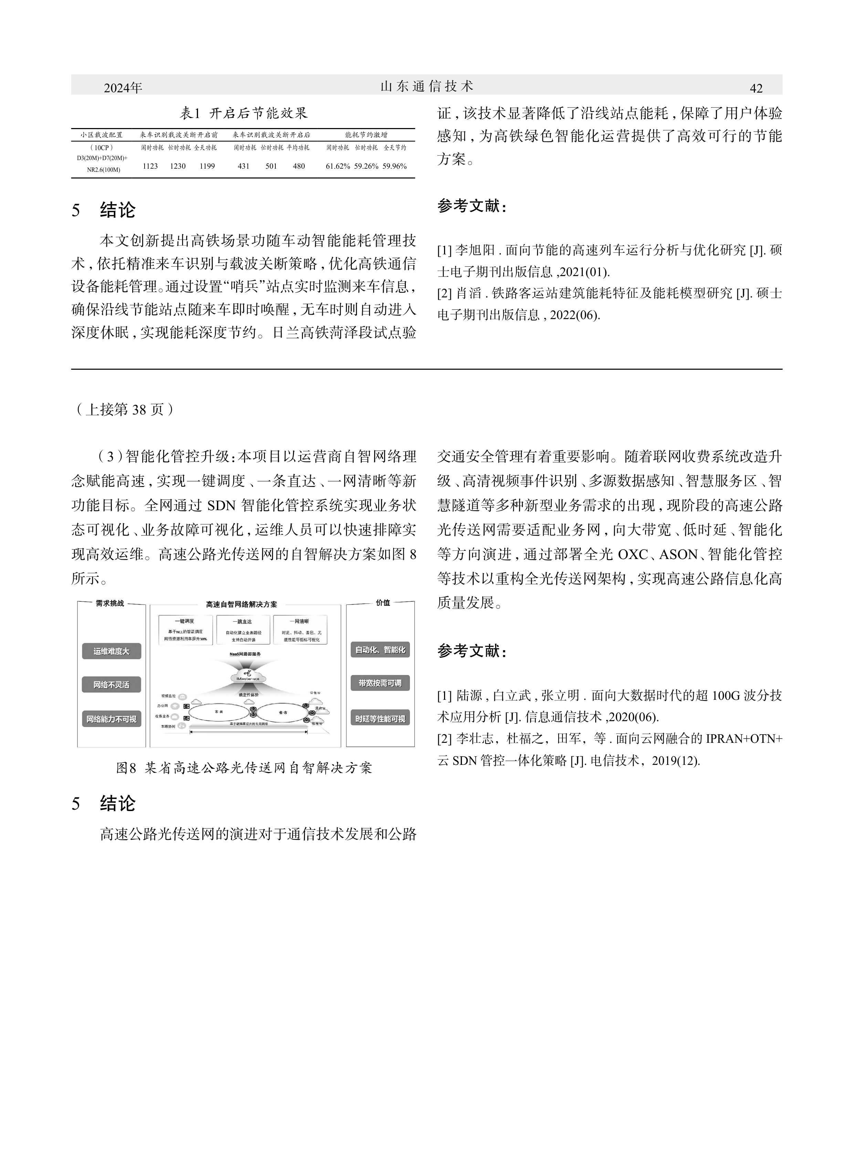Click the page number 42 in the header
tap(756, 88)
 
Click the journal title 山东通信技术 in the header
tap(427, 86)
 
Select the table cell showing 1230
tap(178, 166)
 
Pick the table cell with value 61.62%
tap(338, 166)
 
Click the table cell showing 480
tap(299, 166)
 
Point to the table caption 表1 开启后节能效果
tap(243, 113)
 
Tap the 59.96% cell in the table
tap(394, 166)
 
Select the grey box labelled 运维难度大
tap(112, 651)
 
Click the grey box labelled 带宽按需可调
tap(380, 683)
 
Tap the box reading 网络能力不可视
tap(112, 719)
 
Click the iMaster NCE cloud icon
tap(248, 677)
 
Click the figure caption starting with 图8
tap(244, 768)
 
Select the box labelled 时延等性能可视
tap(380, 718)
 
